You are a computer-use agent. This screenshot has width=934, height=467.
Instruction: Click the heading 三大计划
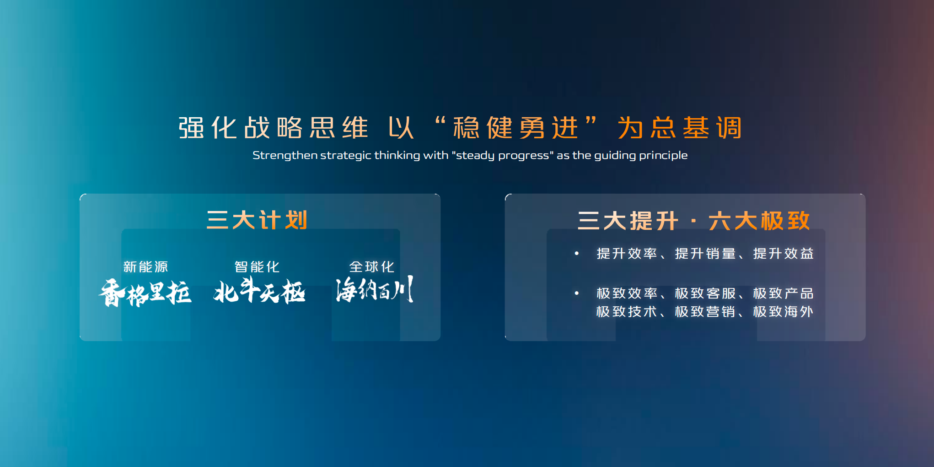[257, 220]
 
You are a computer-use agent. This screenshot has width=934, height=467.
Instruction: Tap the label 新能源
[145, 266]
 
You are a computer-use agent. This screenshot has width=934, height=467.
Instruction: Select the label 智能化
[257, 266]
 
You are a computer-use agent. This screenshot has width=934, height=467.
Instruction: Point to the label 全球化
[371, 266]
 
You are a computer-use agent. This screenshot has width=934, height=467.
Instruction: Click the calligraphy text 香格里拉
[145, 293]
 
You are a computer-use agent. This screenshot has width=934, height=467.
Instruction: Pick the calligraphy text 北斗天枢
[259, 290]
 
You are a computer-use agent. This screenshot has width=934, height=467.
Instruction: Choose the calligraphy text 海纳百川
[375, 289]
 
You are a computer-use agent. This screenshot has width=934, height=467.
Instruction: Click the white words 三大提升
[628, 221]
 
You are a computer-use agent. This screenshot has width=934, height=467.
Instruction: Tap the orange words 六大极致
[759, 221]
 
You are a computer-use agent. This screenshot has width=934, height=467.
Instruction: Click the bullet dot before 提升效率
[577, 253]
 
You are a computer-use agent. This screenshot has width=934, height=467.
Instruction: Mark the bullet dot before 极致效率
[577, 293]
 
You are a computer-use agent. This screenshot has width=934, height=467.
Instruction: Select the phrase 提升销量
[705, 253]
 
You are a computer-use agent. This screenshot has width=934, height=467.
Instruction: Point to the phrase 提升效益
[784, 253]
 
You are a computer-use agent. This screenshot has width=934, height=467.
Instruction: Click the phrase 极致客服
[705, 293]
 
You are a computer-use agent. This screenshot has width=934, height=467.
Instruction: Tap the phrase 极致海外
[784, 311]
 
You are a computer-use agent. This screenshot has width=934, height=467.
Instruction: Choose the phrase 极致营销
[705, 311]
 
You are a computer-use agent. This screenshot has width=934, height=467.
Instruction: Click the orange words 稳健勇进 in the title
[515, 128]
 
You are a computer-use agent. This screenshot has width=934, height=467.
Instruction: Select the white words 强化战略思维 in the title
[273, 128]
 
